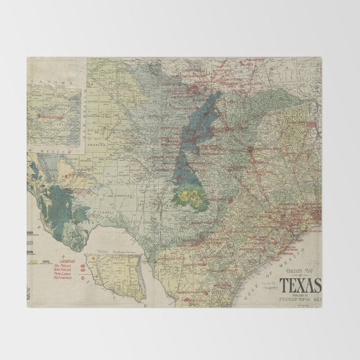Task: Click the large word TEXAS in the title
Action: click(301, 284)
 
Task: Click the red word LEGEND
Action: click(66, 261)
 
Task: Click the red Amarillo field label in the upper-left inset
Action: click(51, 118)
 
